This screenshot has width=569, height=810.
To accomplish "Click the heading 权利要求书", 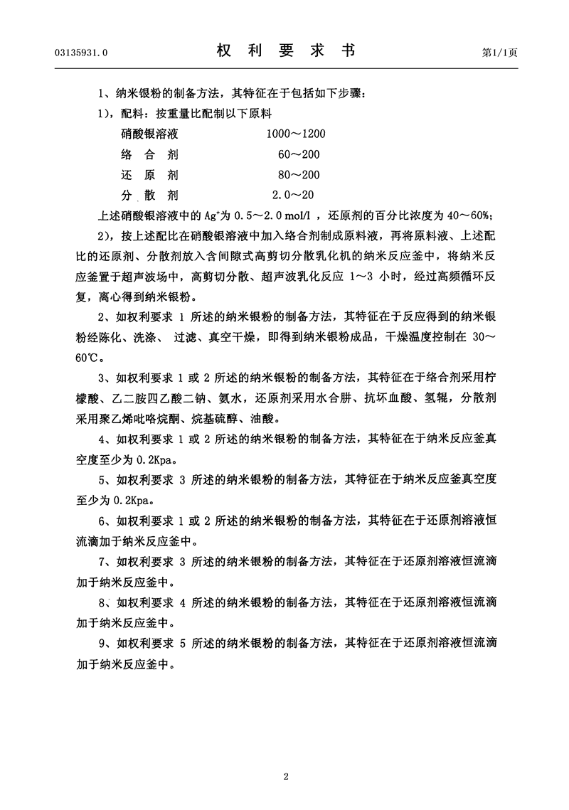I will pos(284,51).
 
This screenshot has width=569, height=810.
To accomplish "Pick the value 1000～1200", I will pos(295,133).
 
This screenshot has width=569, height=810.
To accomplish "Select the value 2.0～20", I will pos(294,196).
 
